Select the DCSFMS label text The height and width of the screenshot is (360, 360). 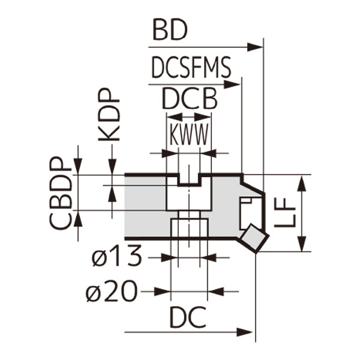pyautogui.click(x=191, y=69)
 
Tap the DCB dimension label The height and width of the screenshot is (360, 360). pyautogui.click(x=190, y=100)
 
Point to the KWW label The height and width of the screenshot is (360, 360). pyautogui.click(x=189, y=136)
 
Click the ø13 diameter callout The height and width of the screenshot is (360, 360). pyautogui.click(x=117, y=257)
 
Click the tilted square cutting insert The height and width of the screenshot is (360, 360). pyautogui.click(x=254, y=238)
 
